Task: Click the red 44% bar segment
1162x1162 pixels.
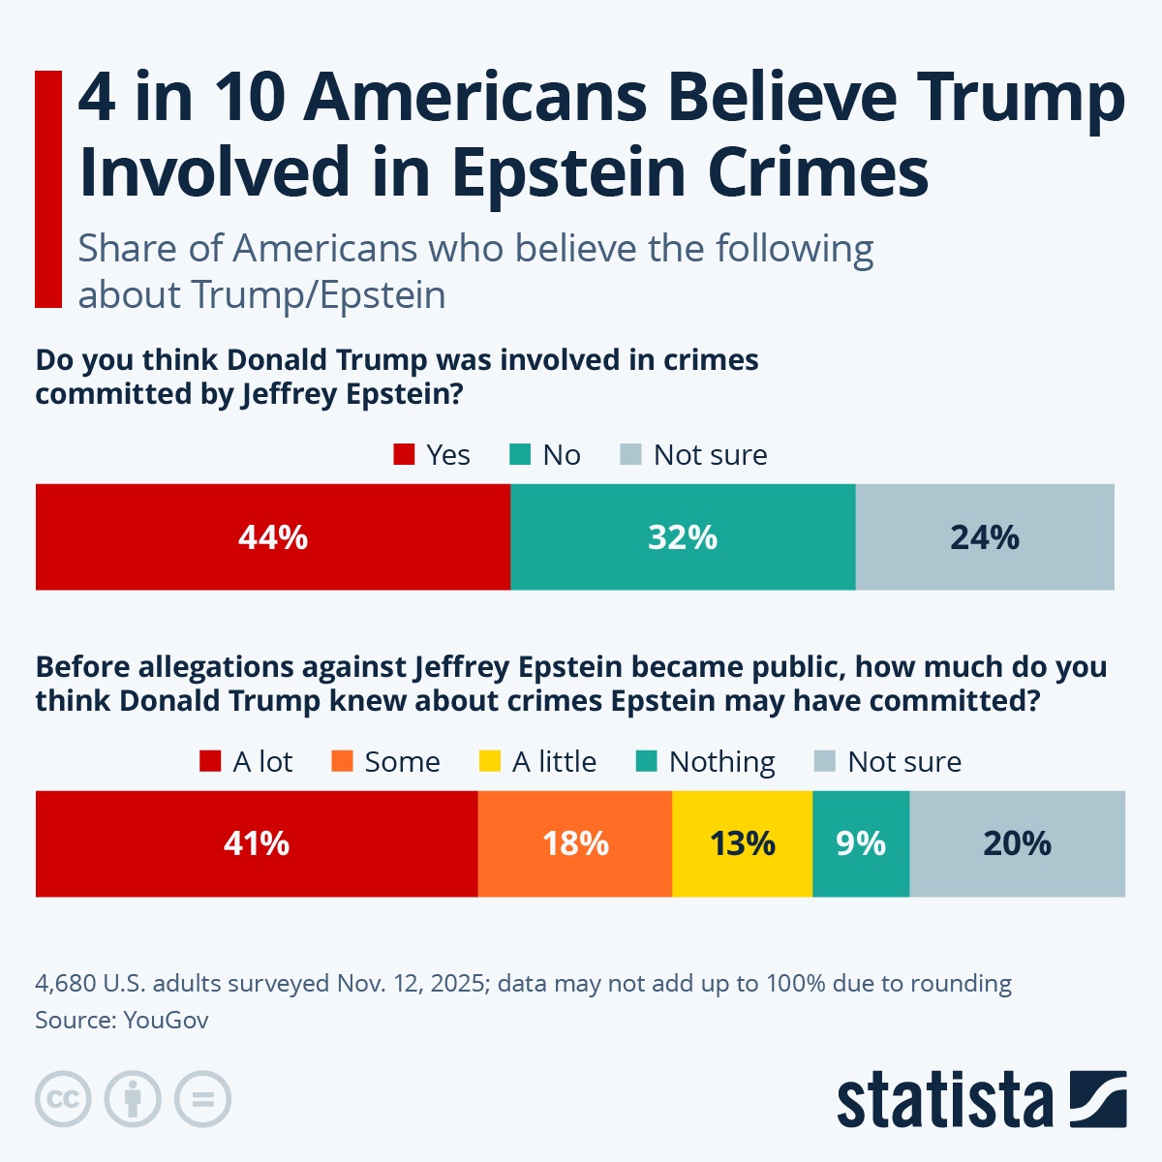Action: (273, 537)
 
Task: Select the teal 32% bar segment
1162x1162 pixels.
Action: (683, 537)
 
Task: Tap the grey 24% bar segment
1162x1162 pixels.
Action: (985, 537)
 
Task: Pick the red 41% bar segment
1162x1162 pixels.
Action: (257, 843)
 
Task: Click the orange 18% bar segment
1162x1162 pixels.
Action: (575, 843)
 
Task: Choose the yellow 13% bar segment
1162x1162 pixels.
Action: (742, 843)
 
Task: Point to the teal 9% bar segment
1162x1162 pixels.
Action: (861, 843)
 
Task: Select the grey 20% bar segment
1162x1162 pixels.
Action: (1017, 843)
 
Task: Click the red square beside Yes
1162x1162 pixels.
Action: (404, 454)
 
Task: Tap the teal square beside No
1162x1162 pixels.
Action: (520, 454)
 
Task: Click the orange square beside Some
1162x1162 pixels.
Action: (342, 761)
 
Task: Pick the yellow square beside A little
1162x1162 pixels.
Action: (490, 761)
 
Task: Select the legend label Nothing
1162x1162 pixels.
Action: (721, 762)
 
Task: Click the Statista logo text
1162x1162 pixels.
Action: (944, 1100)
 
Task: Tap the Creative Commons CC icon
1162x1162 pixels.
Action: (63, 1099)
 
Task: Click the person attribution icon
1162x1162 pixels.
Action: (133, 1099)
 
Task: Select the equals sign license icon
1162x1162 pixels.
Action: (202, 1099)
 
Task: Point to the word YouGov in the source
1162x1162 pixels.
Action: (166, 1020)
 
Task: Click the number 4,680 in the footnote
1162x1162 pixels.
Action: (65, 984)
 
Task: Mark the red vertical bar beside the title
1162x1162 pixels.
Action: (48, 189)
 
